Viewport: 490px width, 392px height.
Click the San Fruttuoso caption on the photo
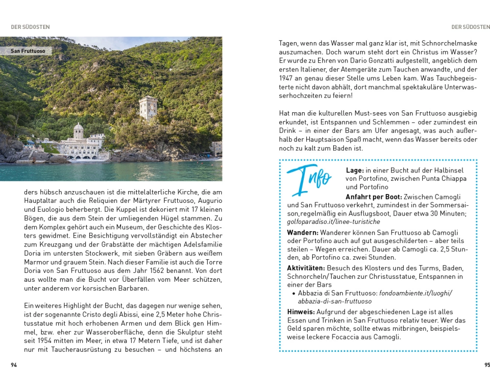click(x=28, y=51)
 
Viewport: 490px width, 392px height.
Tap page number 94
click(x=14, y=365)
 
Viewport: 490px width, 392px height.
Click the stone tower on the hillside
click(x=148, y=107)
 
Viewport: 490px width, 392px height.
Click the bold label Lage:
click(x=355, y=170)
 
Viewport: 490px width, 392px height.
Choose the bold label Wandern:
click(x=303, y=232)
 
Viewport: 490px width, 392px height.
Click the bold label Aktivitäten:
click(x=306, y=268)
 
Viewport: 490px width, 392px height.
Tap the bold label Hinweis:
click(x=301, y=312)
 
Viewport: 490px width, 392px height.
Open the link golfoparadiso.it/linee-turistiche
click(x=333, y=222)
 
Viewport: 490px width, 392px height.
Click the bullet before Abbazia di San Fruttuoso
click(x=293, y=294)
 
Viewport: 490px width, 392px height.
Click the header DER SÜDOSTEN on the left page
click(x=30, y=27)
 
